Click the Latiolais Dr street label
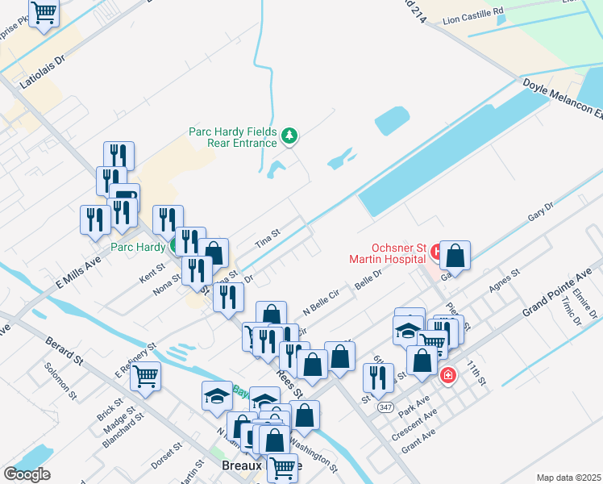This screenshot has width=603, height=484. (44, 77)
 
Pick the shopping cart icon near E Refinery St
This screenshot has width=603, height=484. (146, 375)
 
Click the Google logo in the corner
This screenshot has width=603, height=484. (27, 474)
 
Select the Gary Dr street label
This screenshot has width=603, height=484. (541, 214)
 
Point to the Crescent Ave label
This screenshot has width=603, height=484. (419, 420)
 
